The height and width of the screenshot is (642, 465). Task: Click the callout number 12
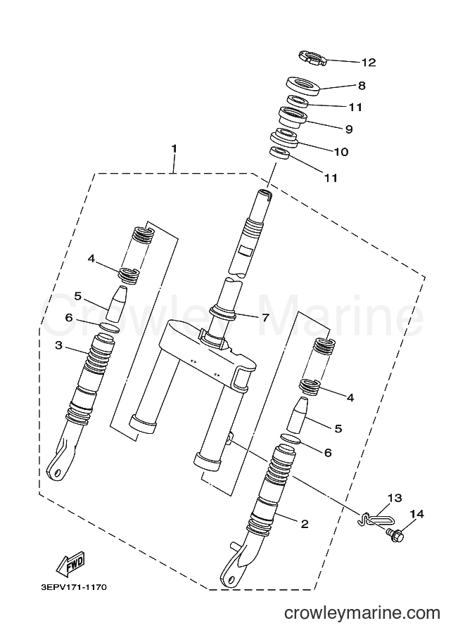click(368, 63)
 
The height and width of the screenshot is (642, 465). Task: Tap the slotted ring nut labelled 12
click(312, 58)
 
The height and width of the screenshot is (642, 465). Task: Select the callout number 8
click(362, 86)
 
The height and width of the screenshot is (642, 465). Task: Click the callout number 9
click(349, 129)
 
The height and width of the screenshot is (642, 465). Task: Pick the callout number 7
click(265, 317)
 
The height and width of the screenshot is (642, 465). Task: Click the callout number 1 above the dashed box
click(174, 148)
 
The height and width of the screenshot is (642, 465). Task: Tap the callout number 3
click(58, 345)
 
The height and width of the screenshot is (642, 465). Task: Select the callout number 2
click(305, 524)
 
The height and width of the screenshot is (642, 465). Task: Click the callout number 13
click(395, 498)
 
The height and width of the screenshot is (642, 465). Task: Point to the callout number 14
click(416, 513)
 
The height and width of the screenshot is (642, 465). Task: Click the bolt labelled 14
click(395, 534)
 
